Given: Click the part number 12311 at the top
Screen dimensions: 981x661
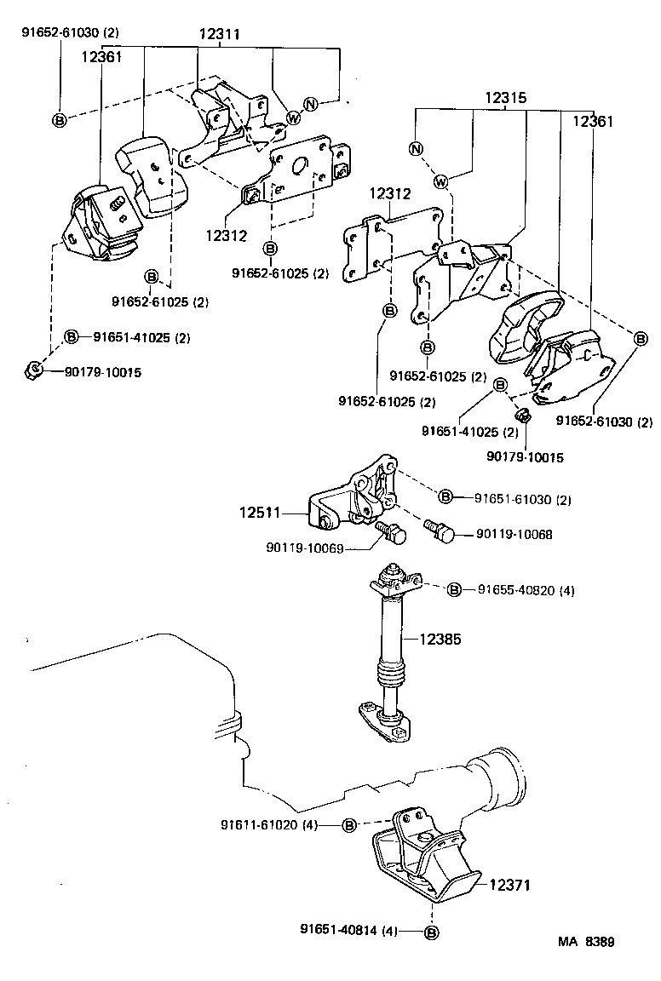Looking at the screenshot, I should click(x=220, y=35).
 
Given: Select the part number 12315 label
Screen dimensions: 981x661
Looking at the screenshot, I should click(x=507, y=98).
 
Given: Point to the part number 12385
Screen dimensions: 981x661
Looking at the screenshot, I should click(x=440, y=638).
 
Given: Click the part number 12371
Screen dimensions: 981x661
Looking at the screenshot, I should click(x=509, y=885).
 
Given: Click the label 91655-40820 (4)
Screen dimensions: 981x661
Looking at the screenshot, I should click(x=525, y=589).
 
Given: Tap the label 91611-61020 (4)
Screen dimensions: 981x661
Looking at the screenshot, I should click(x=268, y=824).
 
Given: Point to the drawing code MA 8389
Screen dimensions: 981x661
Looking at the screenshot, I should click(x=587, y=942).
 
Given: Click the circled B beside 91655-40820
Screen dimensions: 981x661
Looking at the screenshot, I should click(x=454, y=589).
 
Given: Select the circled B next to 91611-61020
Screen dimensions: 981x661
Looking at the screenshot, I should click(x=349, y=824).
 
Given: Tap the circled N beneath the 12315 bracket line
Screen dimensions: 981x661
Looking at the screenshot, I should click(x=416, y=149).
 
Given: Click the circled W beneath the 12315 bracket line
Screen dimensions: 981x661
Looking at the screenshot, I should click(x=441, y=181).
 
